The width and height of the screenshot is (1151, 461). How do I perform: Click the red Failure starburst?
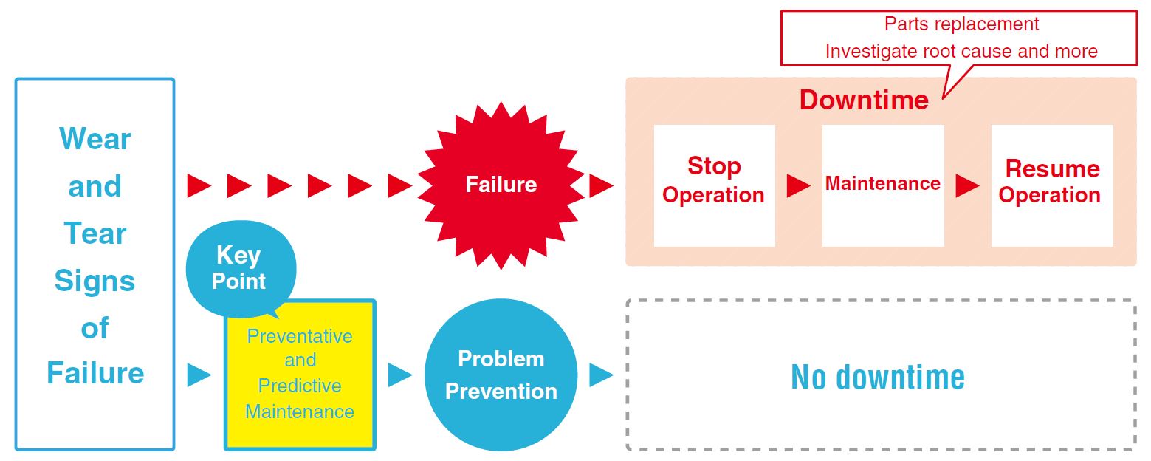pyautogui.click(x=501, y=185)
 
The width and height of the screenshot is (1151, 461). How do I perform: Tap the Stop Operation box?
pyautogui.click(x=714, y=185)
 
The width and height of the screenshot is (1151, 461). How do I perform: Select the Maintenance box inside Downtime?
pyautogui.click(x=883, y=185)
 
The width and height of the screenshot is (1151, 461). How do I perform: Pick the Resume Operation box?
pyautogui.click(x=1052, y=185)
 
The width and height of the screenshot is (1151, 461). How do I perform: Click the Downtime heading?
pyautogui.click(x=864, y=100)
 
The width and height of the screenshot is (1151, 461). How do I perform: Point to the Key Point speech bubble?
pyautogui.click(x=241, y=268)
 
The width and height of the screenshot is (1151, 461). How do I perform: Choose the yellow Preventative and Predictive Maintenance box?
pyautogui.click(x=300, y=375)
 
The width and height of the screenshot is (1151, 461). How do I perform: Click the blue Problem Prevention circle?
pyautogui.click(x=501, y=375)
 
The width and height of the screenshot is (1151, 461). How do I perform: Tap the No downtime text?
pyautogui.click(x=878, y=377)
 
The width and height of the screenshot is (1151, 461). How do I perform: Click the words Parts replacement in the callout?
pyautogui.click(x=961, y=24)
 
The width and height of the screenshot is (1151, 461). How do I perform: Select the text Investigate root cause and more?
pyautogui.click(x=961, y=51)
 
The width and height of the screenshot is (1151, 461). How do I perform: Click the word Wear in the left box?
pyautogui.click(x=95, y=139)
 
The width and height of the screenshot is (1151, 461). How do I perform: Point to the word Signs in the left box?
pyautogui.click(x=95, y=281)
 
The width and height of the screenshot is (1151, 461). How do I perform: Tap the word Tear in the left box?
pyautogui.click(x=95, y=233)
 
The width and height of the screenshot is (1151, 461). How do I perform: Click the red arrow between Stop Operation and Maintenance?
pyautogui.click(x=799, y=185)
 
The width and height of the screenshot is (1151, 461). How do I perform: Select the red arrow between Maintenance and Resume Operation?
pyautogui.click(x=967, y=185)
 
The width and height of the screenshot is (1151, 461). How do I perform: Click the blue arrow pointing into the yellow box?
pyautogui.click(x=199, y=375)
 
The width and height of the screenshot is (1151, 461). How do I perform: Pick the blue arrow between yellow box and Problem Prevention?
pyautogui.click(x=399, y=375)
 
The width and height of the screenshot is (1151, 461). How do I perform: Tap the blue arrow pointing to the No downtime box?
pyautogui.click(x=601, y=375)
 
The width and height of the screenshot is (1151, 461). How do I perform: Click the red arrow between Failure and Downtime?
pyautogui.click(x=601, y=185)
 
